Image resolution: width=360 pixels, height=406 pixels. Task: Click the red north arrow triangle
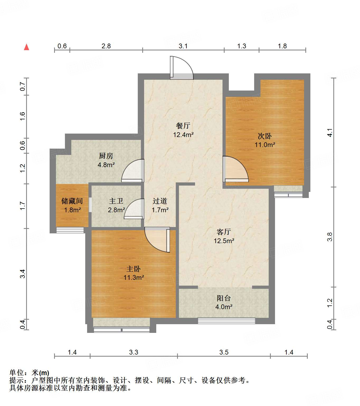tap(26, 47)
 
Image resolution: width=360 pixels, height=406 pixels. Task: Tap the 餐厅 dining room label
tap(183, 126)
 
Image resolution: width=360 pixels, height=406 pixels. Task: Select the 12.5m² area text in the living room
tap(224, 241)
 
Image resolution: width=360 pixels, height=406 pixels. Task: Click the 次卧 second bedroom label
tap(265, 136)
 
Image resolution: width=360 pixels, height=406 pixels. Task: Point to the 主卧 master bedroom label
tap(134, 269)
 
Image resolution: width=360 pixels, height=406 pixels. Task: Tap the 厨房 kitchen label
tap(106, 156)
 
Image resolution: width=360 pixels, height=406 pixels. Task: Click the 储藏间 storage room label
tap(72, 201)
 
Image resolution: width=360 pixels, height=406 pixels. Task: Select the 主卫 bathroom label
tap(116, 201)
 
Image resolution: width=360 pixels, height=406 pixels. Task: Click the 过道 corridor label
tap(160, 201)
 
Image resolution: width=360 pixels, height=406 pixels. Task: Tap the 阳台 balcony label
tap(224, 298)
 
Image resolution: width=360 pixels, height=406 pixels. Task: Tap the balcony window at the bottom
tap(226, 321)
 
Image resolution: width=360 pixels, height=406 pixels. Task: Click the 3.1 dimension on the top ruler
tap(183, 46)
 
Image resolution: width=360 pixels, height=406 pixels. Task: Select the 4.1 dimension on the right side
tap(330, 133)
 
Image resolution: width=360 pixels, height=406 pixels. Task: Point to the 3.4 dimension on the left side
tap(23, 273)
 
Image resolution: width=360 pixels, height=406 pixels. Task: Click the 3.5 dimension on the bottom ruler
tap(224, 352)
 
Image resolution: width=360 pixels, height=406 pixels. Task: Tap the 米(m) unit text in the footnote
tap(40, 373)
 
